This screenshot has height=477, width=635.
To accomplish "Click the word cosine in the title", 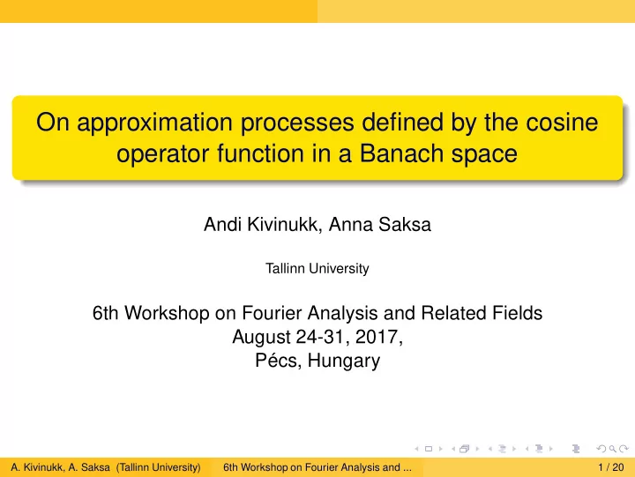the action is pyautogui.click(x=562, y=122).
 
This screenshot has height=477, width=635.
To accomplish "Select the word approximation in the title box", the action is pyautogui.click(x=154, y=123).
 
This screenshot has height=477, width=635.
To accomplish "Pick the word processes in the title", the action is pyautogui.click(x=297, y=123).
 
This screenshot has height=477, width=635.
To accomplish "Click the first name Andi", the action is pyautogui.click(x=221, y=224).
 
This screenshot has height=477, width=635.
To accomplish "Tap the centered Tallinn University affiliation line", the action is pyautogui.click(x=317, y=268).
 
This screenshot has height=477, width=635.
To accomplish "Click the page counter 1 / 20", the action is pyautogui.click(x=610, y=467).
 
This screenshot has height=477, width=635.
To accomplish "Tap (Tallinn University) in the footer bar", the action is pyautogui.click(x=159, y=467).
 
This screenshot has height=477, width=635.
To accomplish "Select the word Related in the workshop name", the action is pyautogui.click(x=453, y=313).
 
